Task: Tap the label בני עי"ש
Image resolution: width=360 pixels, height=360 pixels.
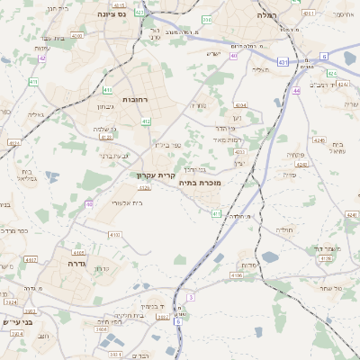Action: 18,321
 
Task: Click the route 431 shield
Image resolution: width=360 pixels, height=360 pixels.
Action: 283,62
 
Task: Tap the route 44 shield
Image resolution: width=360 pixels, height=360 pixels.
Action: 296,91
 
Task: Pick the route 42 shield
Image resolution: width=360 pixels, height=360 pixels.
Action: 41,58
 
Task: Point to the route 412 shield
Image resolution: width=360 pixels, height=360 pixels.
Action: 146,121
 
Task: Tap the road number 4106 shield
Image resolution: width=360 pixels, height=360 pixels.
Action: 237,274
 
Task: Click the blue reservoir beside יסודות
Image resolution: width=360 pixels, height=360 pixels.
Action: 220,258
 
